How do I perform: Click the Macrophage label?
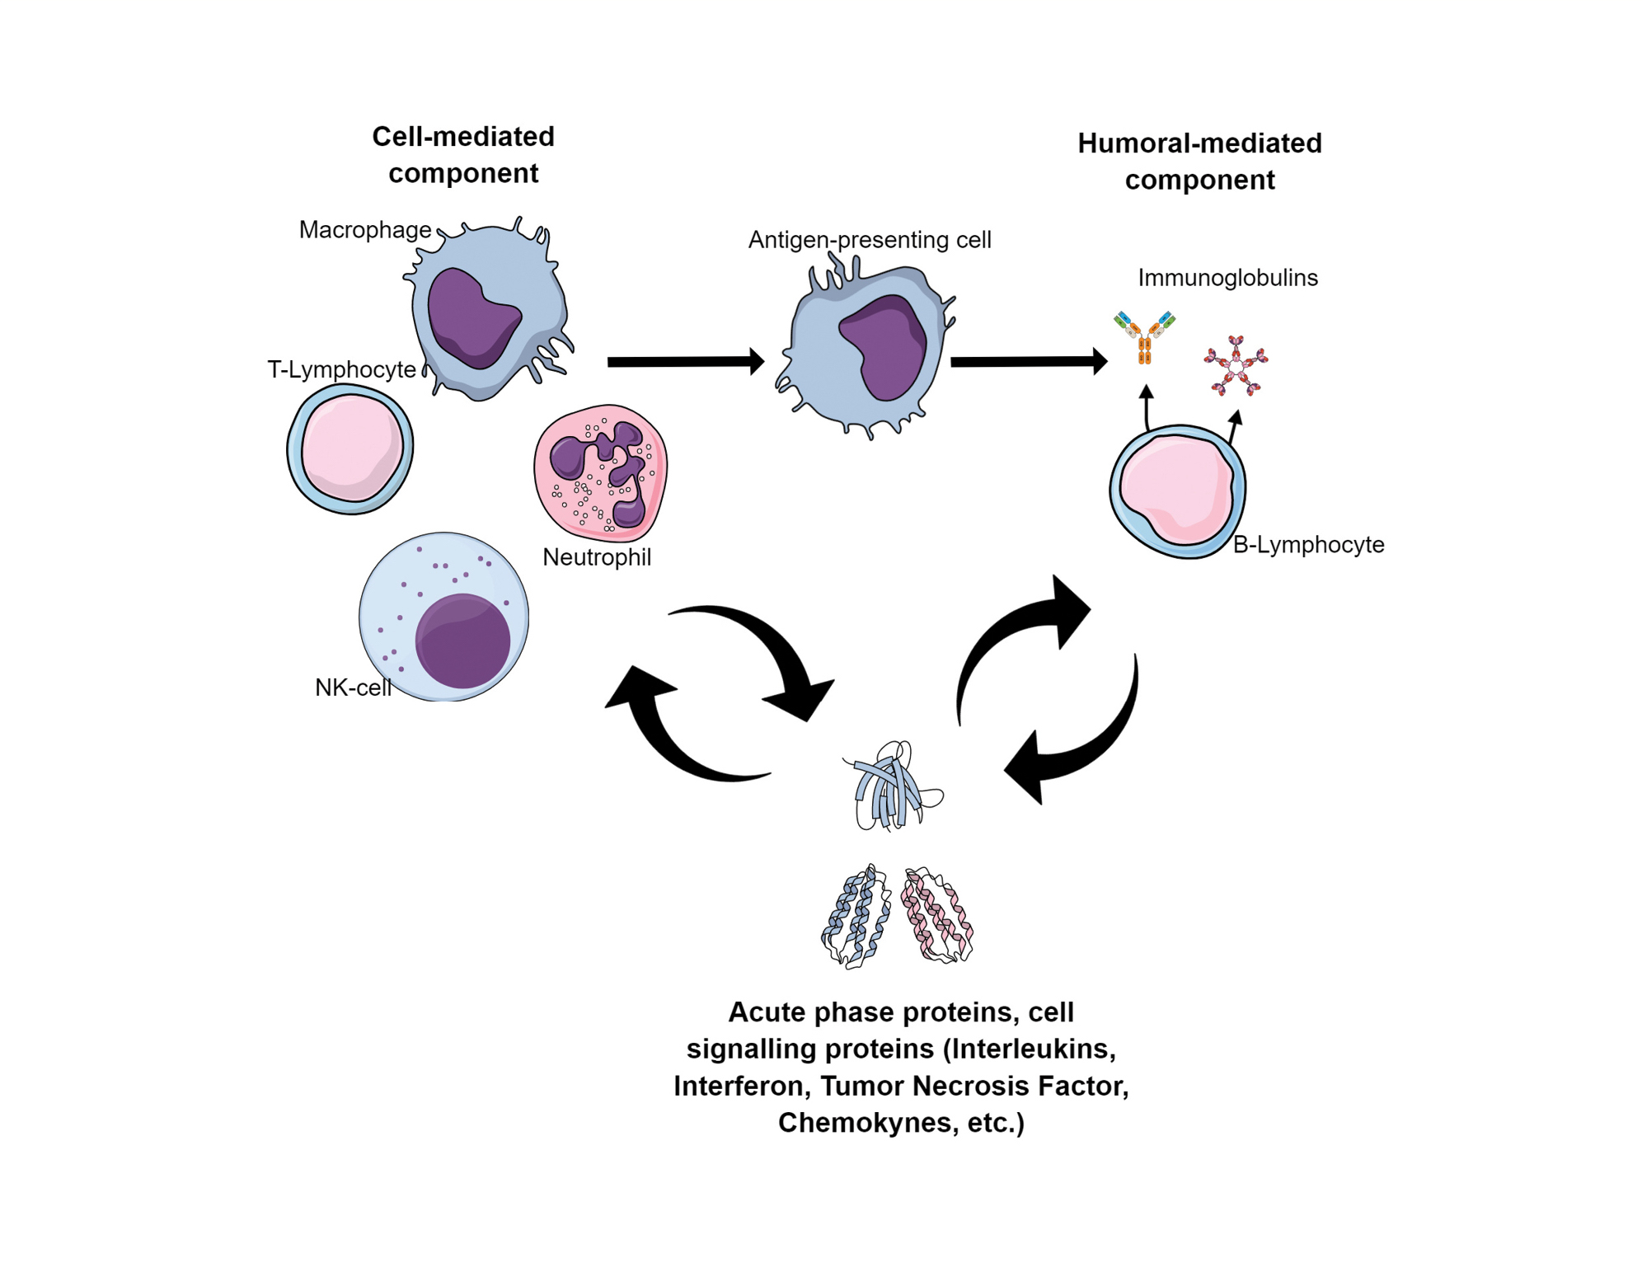(x=364, y=229)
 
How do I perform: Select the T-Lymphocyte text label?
(x=341, y=369)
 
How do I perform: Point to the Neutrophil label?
(x=596, y=557)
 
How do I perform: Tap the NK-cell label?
(x=353, y=688)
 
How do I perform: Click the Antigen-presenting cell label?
(x=869, y=240)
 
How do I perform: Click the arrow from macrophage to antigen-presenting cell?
(x=684, y=362)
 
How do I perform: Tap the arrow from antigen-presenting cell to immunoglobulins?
(x=1027, y=361)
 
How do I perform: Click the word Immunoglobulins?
(x=1227, y=278)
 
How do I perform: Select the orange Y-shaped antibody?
(x=1144, y=337)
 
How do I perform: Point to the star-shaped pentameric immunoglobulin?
(x=1235, y=365)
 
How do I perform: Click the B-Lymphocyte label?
(x=1307, y=544)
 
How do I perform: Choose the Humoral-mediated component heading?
(x=1199, y=162)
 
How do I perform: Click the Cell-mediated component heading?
(x=463, y=154)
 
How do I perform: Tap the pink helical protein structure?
(x=937, y=915)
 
